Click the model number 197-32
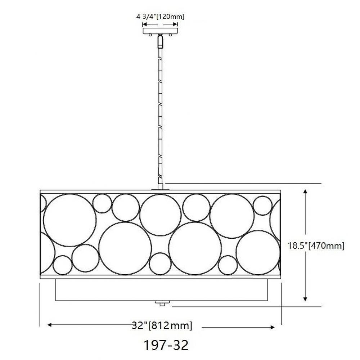(166, 345)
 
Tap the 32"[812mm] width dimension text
(162, 325)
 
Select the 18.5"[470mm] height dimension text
(316, 246)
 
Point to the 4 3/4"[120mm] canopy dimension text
(160, 17)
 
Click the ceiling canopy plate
(161, 31)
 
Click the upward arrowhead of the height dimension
(305, 192)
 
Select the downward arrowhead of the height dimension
(305, 298)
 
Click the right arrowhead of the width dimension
(272, 327)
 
